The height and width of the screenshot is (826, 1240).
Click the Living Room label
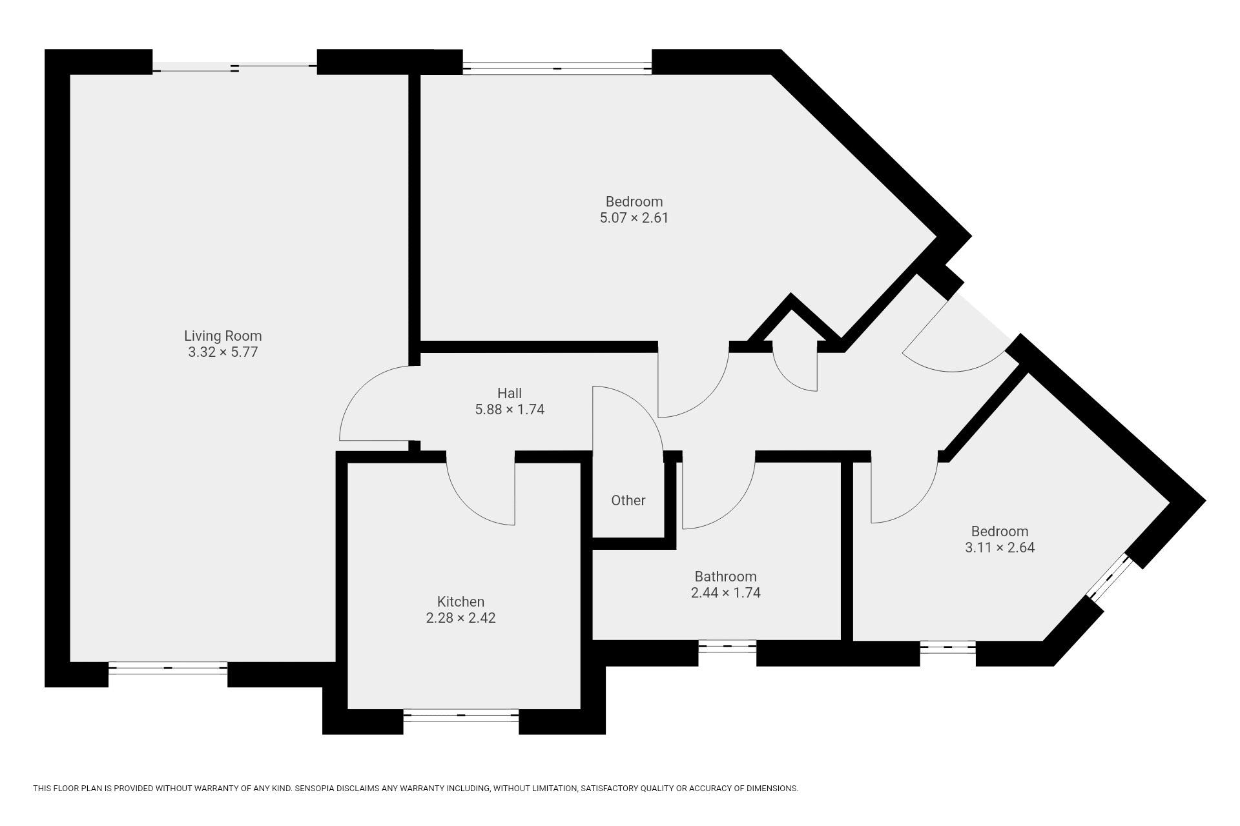(223, 336)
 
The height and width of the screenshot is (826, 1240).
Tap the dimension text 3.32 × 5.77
(223, 352)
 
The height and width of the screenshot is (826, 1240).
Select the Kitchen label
(460, 602)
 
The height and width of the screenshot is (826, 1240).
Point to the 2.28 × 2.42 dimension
(460, 618)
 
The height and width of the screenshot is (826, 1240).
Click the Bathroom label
(725, 576)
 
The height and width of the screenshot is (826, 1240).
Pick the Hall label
(510, 393)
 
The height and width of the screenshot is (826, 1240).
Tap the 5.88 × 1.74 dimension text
(510, 410)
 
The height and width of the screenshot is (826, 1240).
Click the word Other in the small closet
(628, 500)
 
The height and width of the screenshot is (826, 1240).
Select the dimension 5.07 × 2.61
(634, 218)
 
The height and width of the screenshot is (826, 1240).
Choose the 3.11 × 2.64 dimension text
(1000, 548)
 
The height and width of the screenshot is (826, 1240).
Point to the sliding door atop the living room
(235, 68)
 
